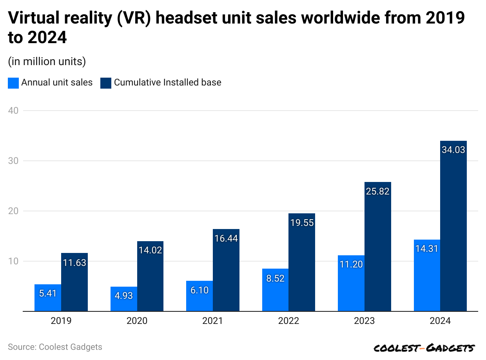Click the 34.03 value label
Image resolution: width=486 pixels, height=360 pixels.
tap(453, 150)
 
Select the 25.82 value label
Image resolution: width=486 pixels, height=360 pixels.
tap(377, 191)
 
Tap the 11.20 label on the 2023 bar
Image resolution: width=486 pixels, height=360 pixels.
tap(351, 264)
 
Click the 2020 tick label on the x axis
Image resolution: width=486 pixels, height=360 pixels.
tap(137, 321)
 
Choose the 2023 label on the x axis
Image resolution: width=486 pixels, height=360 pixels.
tap(364, 321)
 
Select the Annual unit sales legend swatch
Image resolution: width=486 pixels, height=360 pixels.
tap(13, 83)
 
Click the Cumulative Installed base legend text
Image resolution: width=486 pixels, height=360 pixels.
tap(167, 82)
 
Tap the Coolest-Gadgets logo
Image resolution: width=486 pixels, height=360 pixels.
tap(424, 348)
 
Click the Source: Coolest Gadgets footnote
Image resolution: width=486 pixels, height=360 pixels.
tap(55, 347)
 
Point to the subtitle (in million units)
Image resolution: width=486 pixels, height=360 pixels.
tap(47, 62)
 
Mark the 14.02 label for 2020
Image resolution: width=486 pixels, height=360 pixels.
tap(150, 250)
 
